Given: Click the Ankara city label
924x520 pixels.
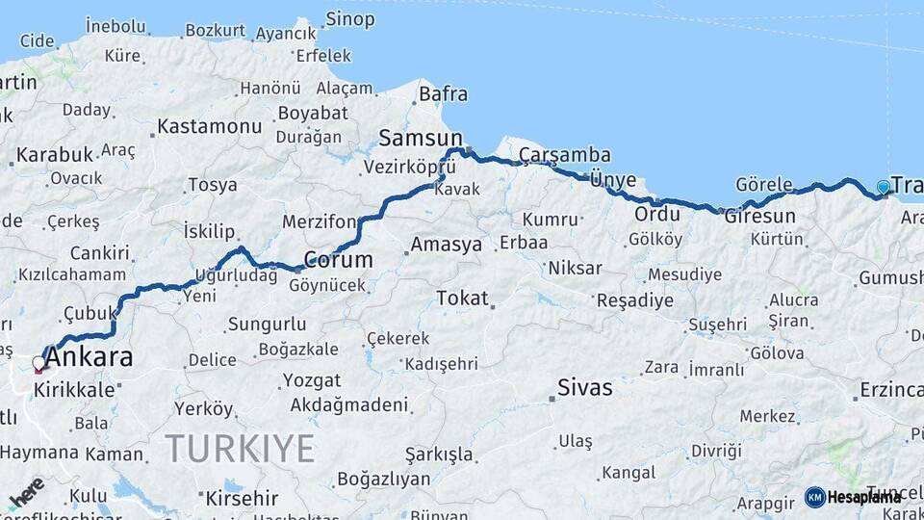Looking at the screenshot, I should [89, 358].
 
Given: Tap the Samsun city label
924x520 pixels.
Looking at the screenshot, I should [421, 137].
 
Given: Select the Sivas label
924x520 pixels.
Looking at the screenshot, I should [585, 388].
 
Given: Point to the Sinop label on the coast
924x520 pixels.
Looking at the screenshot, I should [349, 18].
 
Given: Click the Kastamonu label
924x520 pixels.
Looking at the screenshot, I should [209, 126].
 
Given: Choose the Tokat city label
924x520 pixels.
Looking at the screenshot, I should [462, 299].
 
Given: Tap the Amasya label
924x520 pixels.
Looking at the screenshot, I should [446, 245].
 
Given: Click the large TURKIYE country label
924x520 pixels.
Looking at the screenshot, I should [241, 449].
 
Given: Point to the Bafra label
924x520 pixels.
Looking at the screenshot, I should [443, 94].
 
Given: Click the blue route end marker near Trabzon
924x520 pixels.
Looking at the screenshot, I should [884, 188].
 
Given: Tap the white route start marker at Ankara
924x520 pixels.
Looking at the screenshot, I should [38, 364].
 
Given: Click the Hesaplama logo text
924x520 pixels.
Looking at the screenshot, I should [863, 497].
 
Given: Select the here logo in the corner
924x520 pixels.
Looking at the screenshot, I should [27, 491].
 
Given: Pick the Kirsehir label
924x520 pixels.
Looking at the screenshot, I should [242, 499].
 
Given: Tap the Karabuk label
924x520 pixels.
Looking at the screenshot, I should [55, 154].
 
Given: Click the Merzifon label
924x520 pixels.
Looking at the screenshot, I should [320, 221].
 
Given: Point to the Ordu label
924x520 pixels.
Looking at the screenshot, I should [657, 213].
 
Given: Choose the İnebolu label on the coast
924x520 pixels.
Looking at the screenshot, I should [115, 26].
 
